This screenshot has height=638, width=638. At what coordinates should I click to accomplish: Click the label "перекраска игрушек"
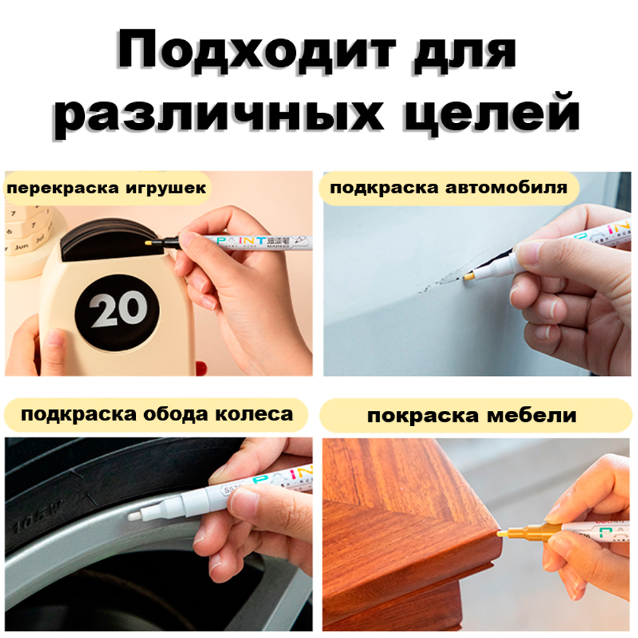pyautogui.click(x=107, y=188)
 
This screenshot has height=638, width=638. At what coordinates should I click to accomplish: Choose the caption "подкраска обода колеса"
pyautogui.click(x=157, y=415)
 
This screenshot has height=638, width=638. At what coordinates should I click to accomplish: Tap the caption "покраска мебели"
pyautogui.click(x=471, y=416)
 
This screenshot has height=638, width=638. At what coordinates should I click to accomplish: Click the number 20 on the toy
pyautogui.click(x=118, y=310)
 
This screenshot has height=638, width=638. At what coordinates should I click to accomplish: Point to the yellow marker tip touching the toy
pyautogui.click(x=149, y=243)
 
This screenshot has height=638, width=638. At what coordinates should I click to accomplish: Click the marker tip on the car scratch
pyautogui.click(x=469, y=277)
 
